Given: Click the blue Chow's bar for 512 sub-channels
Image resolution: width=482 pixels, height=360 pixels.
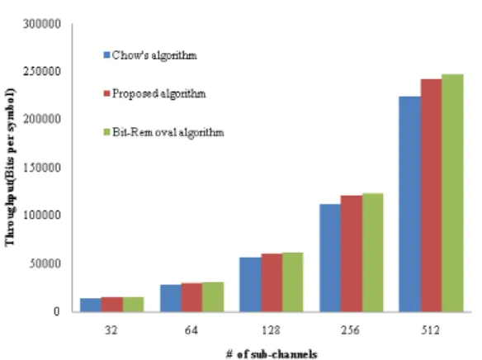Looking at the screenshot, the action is (x=409, y=204).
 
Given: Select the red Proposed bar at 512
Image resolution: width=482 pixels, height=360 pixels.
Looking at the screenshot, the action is (x=431, y=196).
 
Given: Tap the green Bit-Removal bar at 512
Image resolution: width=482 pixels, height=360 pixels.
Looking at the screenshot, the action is (x=452, y=193).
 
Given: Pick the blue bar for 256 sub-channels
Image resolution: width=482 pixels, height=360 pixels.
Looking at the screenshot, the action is (x=330, y=258).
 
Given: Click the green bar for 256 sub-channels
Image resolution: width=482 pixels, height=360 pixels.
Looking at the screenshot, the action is (x=372, y=253).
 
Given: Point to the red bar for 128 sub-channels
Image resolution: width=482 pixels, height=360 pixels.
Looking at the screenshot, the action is (x=272, y=283).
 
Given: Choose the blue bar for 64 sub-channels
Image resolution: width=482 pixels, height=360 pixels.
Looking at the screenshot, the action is (x=171, y=298).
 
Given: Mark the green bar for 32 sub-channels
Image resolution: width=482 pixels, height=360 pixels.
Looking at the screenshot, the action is (x=133, y=305).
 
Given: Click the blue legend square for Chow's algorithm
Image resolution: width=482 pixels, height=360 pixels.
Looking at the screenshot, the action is (x=106, y=55).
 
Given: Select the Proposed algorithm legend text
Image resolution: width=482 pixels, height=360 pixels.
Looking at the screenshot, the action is (x=159, y=93).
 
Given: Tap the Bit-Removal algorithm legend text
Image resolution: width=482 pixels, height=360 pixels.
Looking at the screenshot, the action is (x=168, y=132).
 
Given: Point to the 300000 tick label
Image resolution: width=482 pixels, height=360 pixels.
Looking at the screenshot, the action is (x=42, y=24).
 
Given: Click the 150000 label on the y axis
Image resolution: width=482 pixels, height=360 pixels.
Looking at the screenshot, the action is (x=42, y=168).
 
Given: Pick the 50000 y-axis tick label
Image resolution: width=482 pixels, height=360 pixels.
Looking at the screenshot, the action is (x=45, y=263).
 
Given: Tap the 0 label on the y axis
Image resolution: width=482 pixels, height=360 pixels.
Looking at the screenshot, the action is (x=56, y=311).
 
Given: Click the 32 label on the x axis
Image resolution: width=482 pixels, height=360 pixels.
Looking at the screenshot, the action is (x=111, y=330).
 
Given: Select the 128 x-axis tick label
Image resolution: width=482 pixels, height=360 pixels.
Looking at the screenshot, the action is (x=271, y=330).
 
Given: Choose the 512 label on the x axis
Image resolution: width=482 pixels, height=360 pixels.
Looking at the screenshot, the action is (x=430, y=330).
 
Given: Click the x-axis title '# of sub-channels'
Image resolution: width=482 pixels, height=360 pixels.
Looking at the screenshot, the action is (x=272, y=354).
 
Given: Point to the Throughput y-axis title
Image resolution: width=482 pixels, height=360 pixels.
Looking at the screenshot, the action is (x=10, y=168).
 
